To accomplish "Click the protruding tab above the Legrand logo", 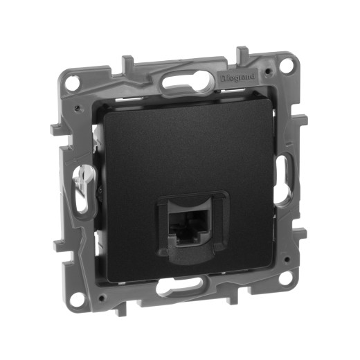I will tap(243, 53).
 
